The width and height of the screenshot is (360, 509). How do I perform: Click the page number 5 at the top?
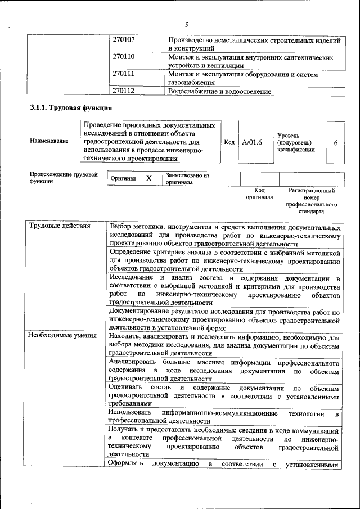click(186, 24)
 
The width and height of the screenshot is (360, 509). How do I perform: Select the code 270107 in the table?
click(124, 41)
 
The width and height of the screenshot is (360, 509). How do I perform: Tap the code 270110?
click(124, 57)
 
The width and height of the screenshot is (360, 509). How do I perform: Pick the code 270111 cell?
click(124, 74)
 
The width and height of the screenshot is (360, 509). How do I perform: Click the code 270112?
click(124, 91)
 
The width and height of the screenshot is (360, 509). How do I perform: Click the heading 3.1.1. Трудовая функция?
click(70, 107)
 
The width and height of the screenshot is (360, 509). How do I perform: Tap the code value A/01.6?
click(252, 142)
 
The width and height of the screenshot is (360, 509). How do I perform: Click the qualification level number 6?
click(336, 143)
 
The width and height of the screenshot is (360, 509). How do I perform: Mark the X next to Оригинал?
click(149, 178)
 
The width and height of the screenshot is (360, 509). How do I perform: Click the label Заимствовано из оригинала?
click(187, 179)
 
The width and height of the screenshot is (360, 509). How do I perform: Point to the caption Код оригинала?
click(259, 194)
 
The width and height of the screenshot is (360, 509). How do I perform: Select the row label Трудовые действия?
click(59, 227)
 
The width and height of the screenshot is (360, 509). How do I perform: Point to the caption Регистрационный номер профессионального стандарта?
click(311, 202)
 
